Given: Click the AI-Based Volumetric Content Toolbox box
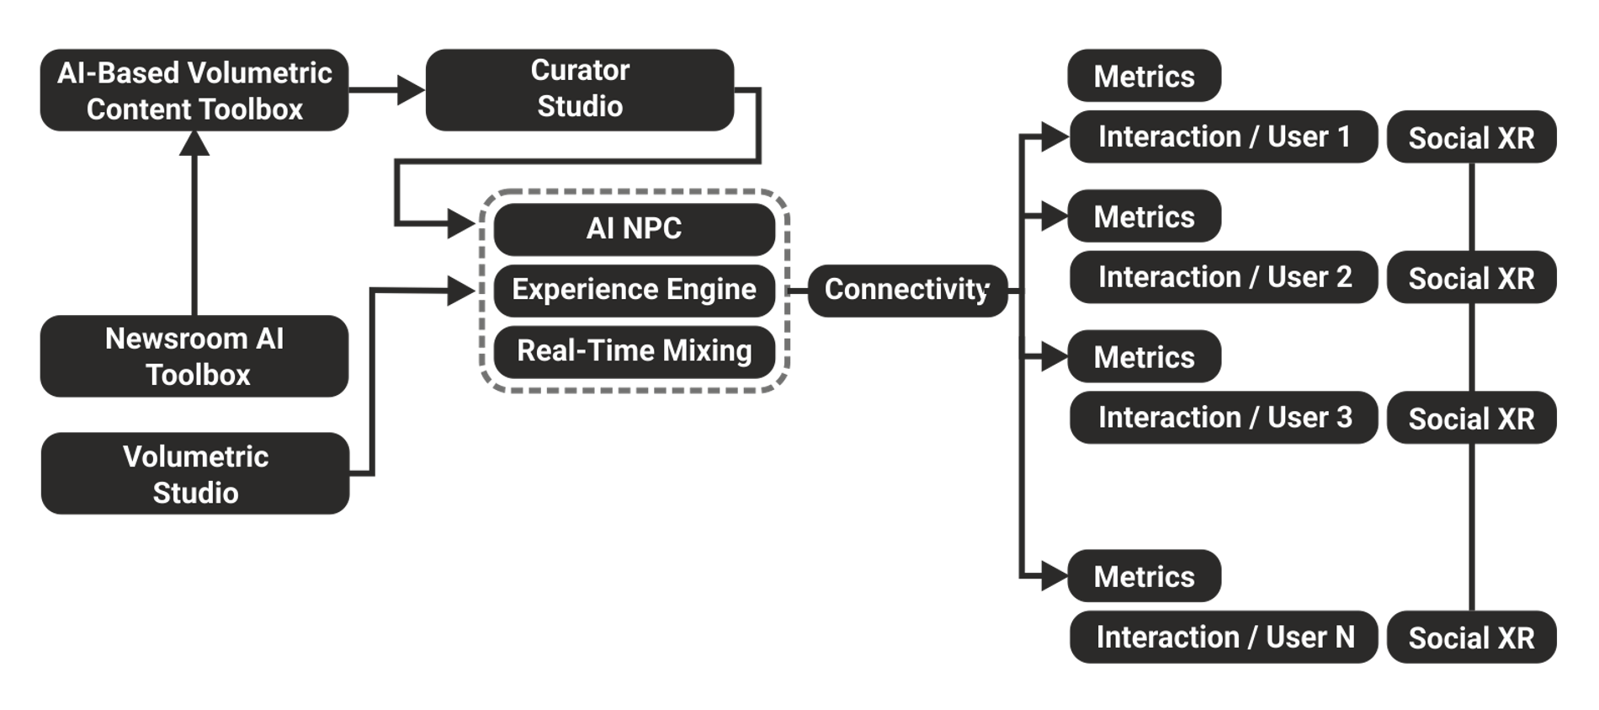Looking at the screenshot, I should click(194, 90).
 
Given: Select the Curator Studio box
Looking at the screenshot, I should click(580, 89).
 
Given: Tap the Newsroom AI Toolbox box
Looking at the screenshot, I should click(194, 356).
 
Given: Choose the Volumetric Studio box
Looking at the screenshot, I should click(194, 474).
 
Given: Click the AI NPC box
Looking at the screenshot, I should click(634, 228).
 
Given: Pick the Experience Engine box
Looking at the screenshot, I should click(634, 290).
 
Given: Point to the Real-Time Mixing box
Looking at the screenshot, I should click(634, 351).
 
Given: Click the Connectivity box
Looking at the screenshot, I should click(906, 290).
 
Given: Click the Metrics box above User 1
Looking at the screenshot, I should click(1144, 77).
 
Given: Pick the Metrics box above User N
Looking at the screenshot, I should click(1144, 577).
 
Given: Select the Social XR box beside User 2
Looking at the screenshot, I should click(1471, 278).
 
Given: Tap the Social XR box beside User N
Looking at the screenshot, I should click(1471, 638).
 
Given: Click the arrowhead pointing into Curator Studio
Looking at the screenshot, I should click(412, 89).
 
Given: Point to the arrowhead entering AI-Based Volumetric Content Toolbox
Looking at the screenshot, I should click(194, 145).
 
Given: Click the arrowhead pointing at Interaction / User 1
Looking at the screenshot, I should click(1054, 136).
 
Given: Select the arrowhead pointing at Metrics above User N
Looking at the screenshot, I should click(1054, 577).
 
